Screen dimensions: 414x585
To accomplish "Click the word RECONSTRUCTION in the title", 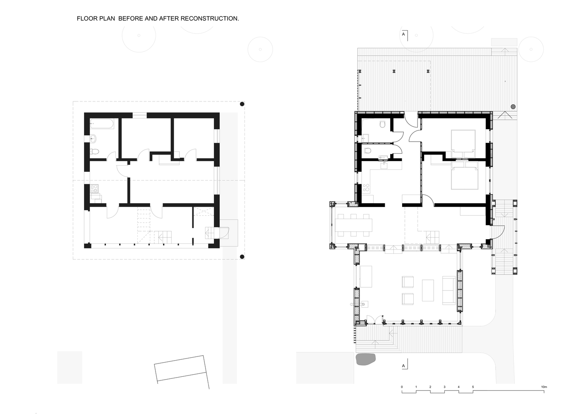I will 209,19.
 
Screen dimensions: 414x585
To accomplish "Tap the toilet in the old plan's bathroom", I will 94,152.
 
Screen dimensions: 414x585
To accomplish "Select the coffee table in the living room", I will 428,290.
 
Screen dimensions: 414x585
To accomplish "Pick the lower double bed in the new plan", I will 464,178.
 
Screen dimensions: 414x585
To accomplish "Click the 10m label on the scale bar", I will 544,387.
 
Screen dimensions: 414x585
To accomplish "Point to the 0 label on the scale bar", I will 402,387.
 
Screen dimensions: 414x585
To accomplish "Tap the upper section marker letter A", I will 403,34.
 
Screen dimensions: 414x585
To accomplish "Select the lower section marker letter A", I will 403,366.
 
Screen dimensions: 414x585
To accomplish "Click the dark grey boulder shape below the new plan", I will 365,359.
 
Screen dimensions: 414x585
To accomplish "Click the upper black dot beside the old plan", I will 242,104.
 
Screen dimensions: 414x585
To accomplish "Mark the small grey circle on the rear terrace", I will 513,107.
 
